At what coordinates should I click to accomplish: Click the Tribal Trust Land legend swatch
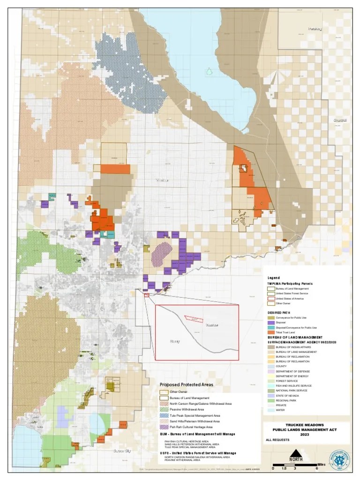(271, 332)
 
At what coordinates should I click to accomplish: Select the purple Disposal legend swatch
(271, 322)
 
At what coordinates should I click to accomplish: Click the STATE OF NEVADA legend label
(288, 395)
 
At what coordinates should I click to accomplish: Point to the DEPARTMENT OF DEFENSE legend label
(293, 371)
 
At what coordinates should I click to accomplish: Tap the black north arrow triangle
(295, 453)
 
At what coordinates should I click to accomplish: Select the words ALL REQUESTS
(277, 440)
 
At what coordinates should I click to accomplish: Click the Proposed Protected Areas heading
(186, 384)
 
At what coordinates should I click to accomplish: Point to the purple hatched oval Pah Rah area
(161, 253)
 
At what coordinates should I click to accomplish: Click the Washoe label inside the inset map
(212, 324)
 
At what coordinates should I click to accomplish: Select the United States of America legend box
(271, 299)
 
